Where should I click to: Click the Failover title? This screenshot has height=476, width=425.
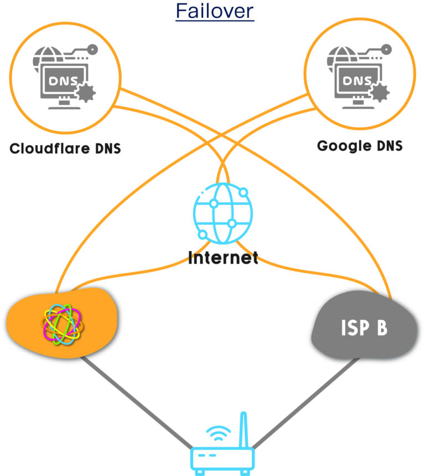pos(215,11)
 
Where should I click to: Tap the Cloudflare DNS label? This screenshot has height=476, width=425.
pos(65,149)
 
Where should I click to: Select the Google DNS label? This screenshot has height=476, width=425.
pos(360,146)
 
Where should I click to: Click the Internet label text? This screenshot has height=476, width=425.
pos(223,258)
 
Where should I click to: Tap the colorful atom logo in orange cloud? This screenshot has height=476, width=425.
pos(62,323)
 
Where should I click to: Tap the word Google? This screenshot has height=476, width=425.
pos(342,146)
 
